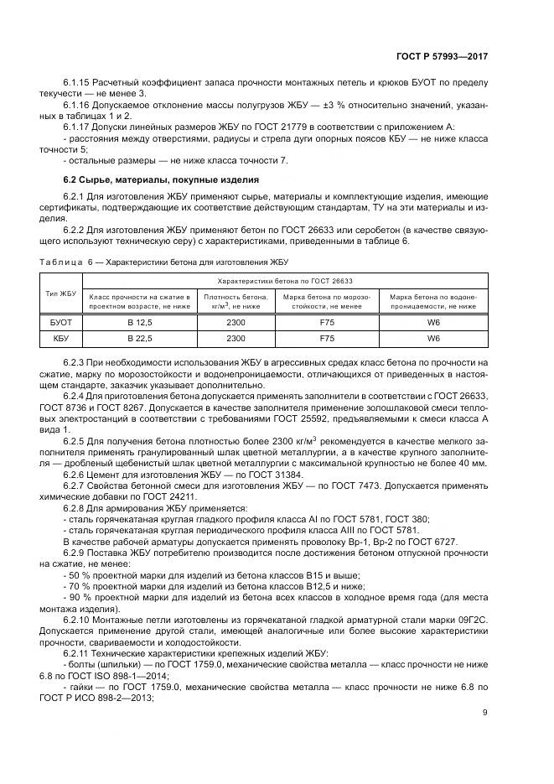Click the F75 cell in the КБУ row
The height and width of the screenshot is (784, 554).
(328, 339)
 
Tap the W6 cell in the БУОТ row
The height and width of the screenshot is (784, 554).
(432, 321)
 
